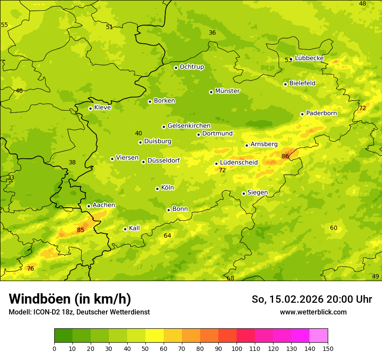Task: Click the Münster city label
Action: tap(227, 91)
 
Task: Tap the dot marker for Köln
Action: tap(157, 189)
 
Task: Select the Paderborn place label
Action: tap(322, 113)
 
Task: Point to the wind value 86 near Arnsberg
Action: tap(285, 156)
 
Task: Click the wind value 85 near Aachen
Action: tap(81, 230)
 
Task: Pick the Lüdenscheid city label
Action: tap(239, 163)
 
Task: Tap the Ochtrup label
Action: tap(191, 67)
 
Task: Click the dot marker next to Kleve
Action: tap(90, 108)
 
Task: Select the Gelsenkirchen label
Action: tap(189, 126)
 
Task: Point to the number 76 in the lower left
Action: tap(30, 268)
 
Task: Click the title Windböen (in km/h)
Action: tap(70, 299)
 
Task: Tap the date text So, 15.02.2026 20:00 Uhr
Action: tap(312, 299)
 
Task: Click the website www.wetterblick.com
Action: tap(313, 312)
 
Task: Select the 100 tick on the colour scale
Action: tap(237, 348)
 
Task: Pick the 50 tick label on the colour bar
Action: tap(145, 348)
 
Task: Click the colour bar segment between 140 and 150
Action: tap(319, 336)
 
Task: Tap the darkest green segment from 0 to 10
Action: tap(63, 336)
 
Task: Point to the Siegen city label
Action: tap(257, 193)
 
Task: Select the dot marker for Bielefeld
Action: tap(285, 84)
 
